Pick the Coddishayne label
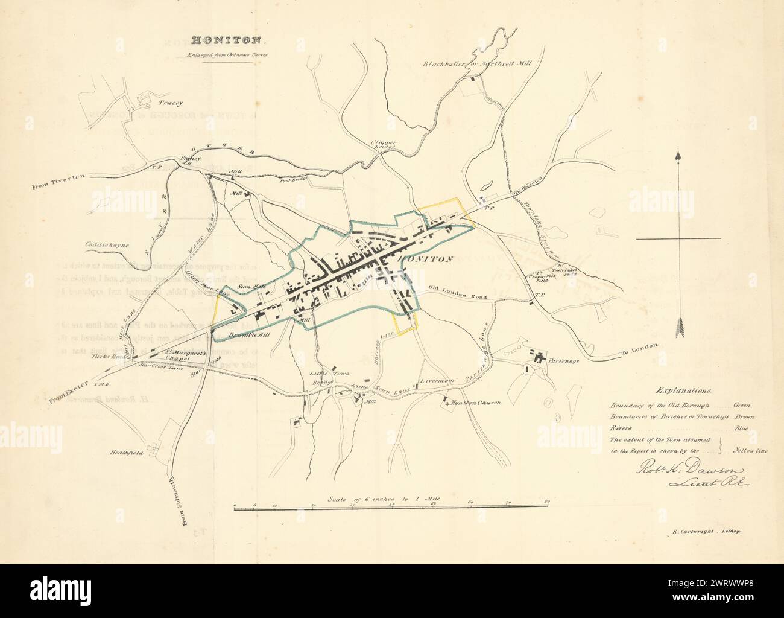pyautogui.click(x=102, y=245)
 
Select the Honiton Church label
pyautogui.click(x=476, y=403)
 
